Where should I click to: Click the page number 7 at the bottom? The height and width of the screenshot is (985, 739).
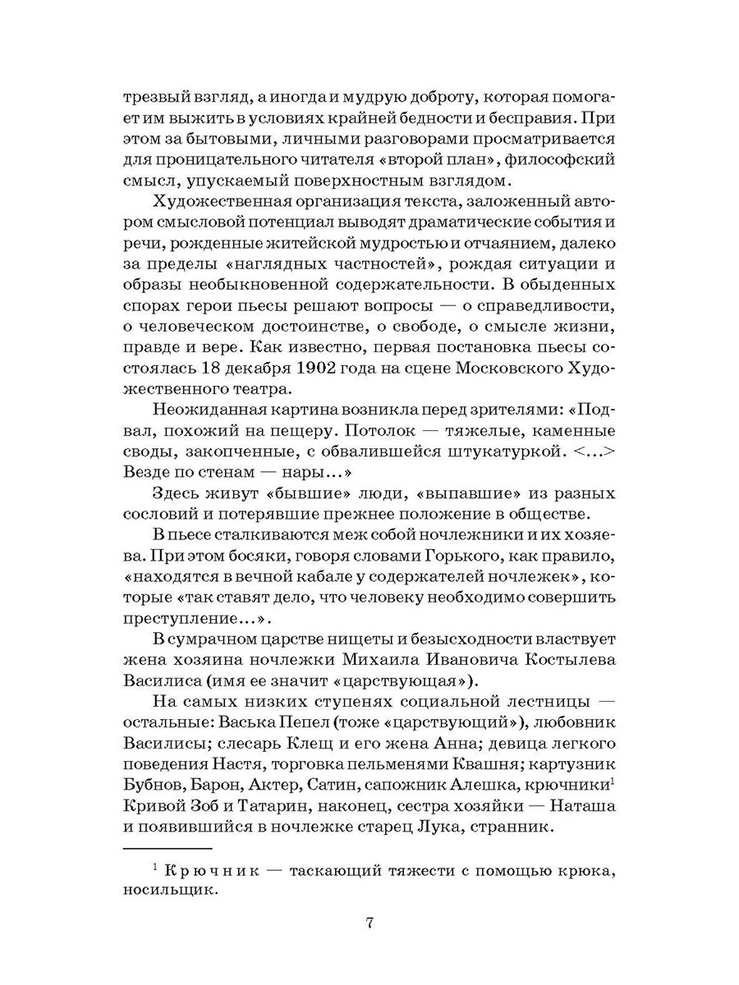tap(369, 922)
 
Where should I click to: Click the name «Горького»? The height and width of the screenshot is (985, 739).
tap(414, 558)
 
